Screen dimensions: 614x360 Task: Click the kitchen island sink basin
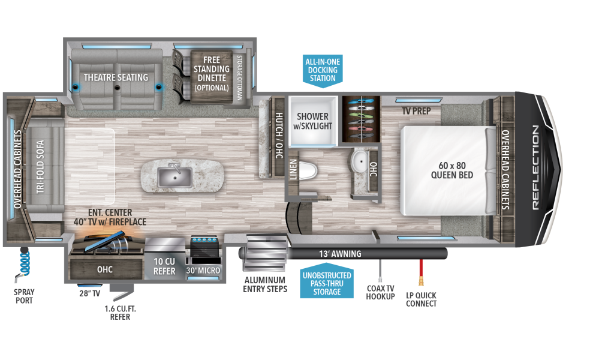point(174,178)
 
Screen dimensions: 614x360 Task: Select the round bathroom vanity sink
point(359,161)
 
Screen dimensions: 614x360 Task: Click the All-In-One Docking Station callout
point(323,70)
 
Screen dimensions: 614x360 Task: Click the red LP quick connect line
point(421,272)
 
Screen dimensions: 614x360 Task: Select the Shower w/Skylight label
point(312,121)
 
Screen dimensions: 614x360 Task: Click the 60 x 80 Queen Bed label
point(452,170)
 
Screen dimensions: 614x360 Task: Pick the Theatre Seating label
point(116,77)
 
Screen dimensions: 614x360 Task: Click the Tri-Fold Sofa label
point(40,167)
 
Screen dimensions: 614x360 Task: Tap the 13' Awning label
point(340,254)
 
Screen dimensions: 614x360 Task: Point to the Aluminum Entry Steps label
point(265,285)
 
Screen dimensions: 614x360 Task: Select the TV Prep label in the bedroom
point(416,111)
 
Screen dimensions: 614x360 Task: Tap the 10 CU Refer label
point(164,266)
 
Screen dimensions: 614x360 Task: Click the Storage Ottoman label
point(240,77)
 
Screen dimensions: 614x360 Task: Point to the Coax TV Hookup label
point(380,293)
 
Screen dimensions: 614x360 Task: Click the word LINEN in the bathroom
point(293,169)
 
